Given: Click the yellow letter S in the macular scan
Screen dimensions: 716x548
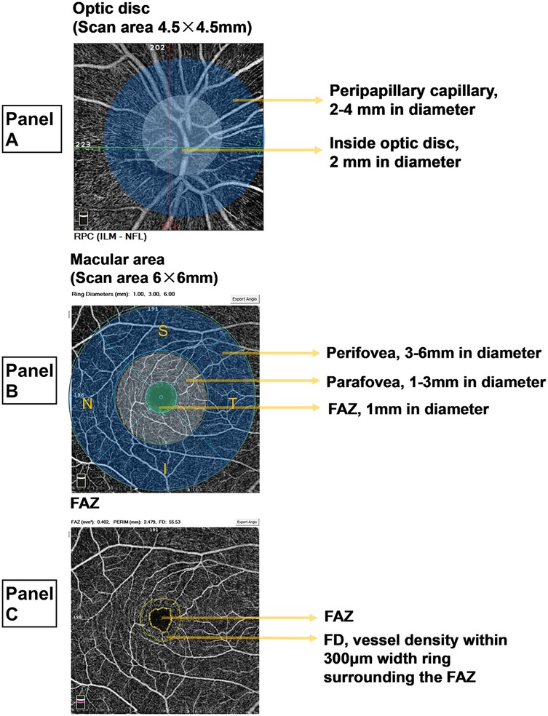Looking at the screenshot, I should [x=164, y=331].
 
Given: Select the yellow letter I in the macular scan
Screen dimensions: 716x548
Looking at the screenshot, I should [x=165, y=469].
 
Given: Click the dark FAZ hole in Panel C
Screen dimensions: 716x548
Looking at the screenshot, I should [x=160, y=619].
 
